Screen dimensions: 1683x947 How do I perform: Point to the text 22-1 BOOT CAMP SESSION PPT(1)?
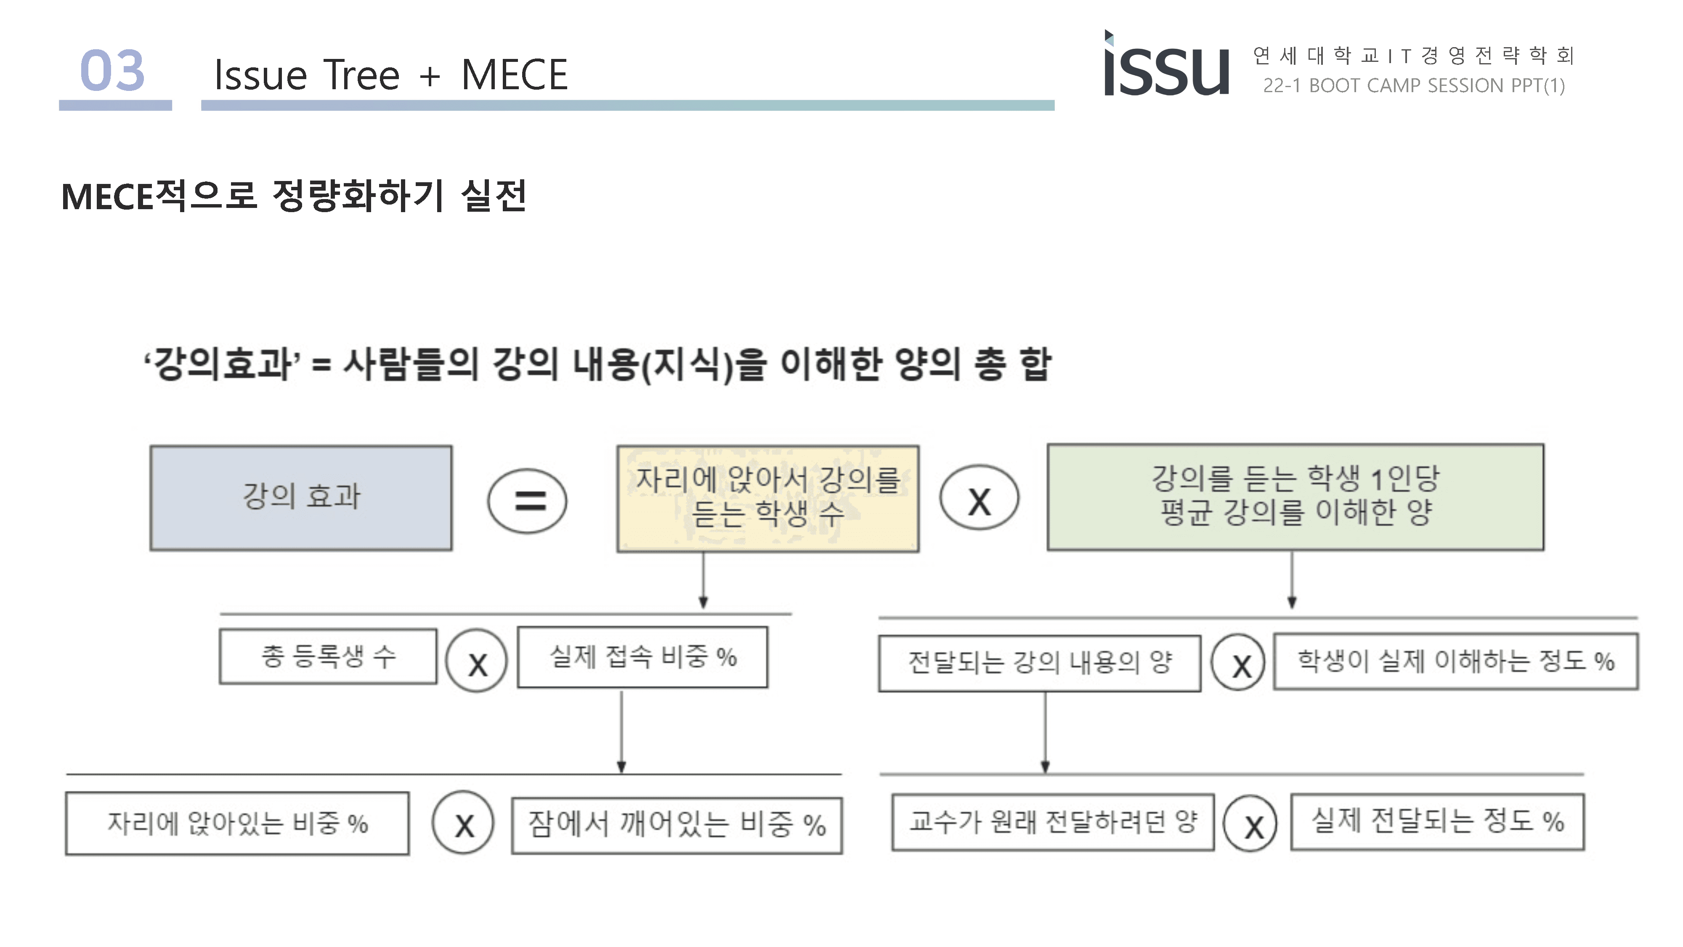tap(1414, 85)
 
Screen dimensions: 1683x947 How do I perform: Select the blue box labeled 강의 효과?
tap(301, 498)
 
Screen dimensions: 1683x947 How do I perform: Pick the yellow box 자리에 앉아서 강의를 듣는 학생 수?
tap(768, 499)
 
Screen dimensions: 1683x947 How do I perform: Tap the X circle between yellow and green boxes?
tap(979, 498)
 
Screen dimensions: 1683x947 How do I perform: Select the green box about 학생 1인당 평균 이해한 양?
tap(1295, 497)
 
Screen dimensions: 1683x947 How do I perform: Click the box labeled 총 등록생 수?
tap(328, 656)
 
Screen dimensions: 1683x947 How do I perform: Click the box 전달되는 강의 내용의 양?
tap(1039, 663)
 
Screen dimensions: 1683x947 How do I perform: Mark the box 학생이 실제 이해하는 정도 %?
tap(1456, 661)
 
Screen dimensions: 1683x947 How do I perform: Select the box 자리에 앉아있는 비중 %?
tap(237, 824)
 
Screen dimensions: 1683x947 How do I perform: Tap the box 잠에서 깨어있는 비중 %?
tap(677, 825)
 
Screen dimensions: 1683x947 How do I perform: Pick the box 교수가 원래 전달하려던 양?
tap(1053, 822)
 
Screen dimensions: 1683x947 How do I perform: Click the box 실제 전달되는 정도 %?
tap(1437, 822)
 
